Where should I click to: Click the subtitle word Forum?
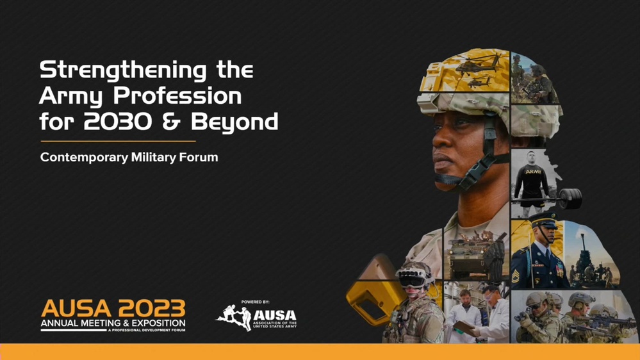pyautogui.click(x=199, y=157)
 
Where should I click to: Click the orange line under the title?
pyautogui.click(x=118, y=141)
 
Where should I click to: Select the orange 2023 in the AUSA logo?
pyautogui.click(x=152, y=309)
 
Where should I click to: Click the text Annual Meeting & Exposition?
pyautogui.click(x=113, y=323)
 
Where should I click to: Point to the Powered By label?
pyautogui.click(x=255, y=302)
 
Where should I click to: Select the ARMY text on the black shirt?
pyautogui.click(x=532, y=172)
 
